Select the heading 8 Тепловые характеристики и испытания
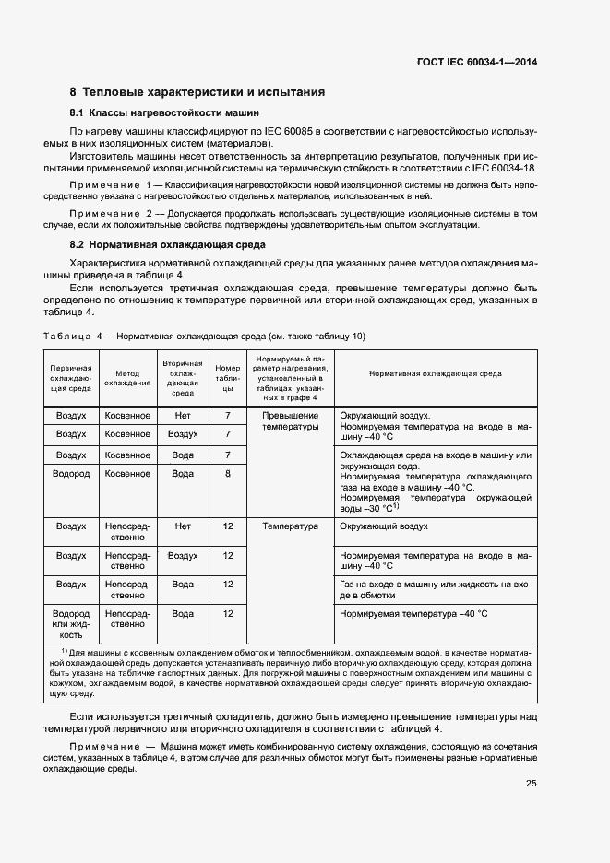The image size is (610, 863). [197, 92]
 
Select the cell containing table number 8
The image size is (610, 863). [227, 474]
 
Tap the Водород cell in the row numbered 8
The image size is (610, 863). [71, 474]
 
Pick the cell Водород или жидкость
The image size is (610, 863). [71, 623]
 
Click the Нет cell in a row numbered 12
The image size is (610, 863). [183, 526]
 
